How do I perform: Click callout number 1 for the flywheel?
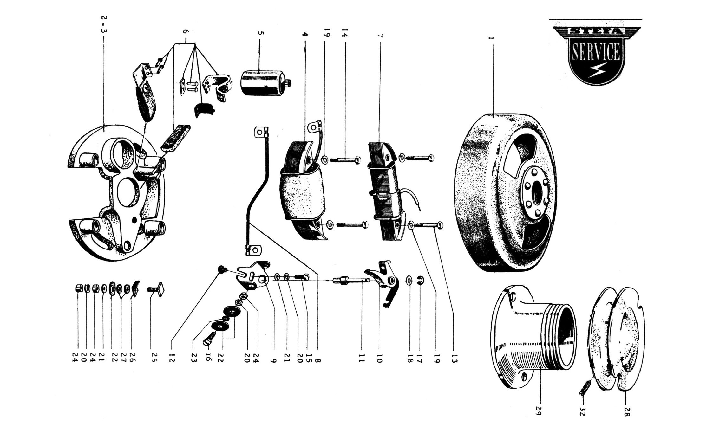(x=492, y=38)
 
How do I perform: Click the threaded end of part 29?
(x=558, y=336)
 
